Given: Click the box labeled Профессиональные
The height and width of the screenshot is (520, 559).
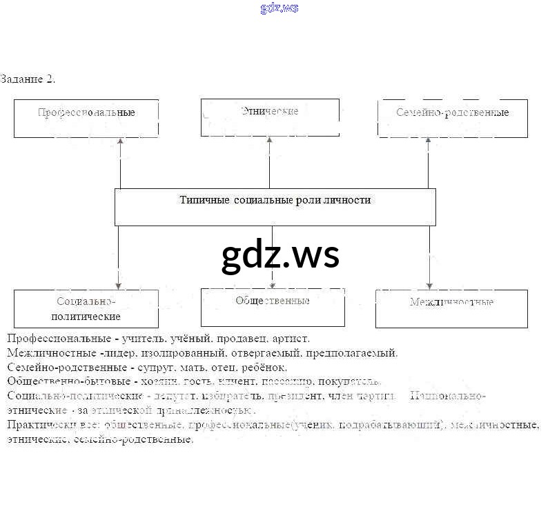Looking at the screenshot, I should click(x=86, y=118).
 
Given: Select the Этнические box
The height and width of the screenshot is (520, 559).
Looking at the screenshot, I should click(x=270, y=117).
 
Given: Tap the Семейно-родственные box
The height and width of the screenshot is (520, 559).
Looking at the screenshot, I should click(x=453, y=118).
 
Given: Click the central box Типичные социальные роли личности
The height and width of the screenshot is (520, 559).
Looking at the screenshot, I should click(x=275, y=207).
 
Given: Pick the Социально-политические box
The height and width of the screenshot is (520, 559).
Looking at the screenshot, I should click(x=86, y=309).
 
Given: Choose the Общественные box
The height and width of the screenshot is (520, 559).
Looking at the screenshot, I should click(x=273, y=307).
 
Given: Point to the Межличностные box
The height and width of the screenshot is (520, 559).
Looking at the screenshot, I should click(x=451, y=308).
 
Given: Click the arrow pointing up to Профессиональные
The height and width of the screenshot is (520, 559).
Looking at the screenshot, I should click(x=121, y=162).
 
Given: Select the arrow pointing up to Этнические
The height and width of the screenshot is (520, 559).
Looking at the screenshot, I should click(x=269, y=162).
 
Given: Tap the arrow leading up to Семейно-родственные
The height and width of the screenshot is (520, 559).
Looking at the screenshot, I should click(x=429, y=162).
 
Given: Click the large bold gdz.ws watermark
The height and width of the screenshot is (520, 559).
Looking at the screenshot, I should click(x=280, y=255).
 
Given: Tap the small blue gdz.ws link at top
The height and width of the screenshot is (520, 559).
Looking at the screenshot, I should click(x=279, y=8).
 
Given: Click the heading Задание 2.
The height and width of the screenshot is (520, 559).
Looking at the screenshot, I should click(x=28, y=79).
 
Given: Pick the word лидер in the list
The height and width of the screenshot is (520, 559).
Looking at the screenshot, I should click(x=117, y=353).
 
